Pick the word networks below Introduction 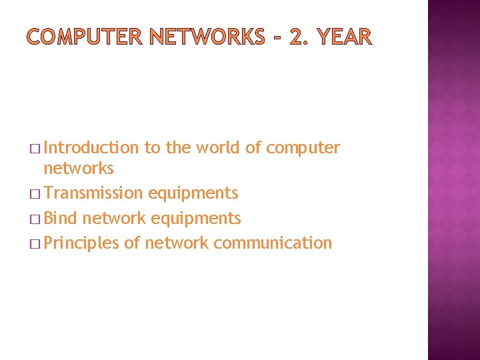point(79,169)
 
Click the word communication point(273,243)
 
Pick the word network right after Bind point(114,218)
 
